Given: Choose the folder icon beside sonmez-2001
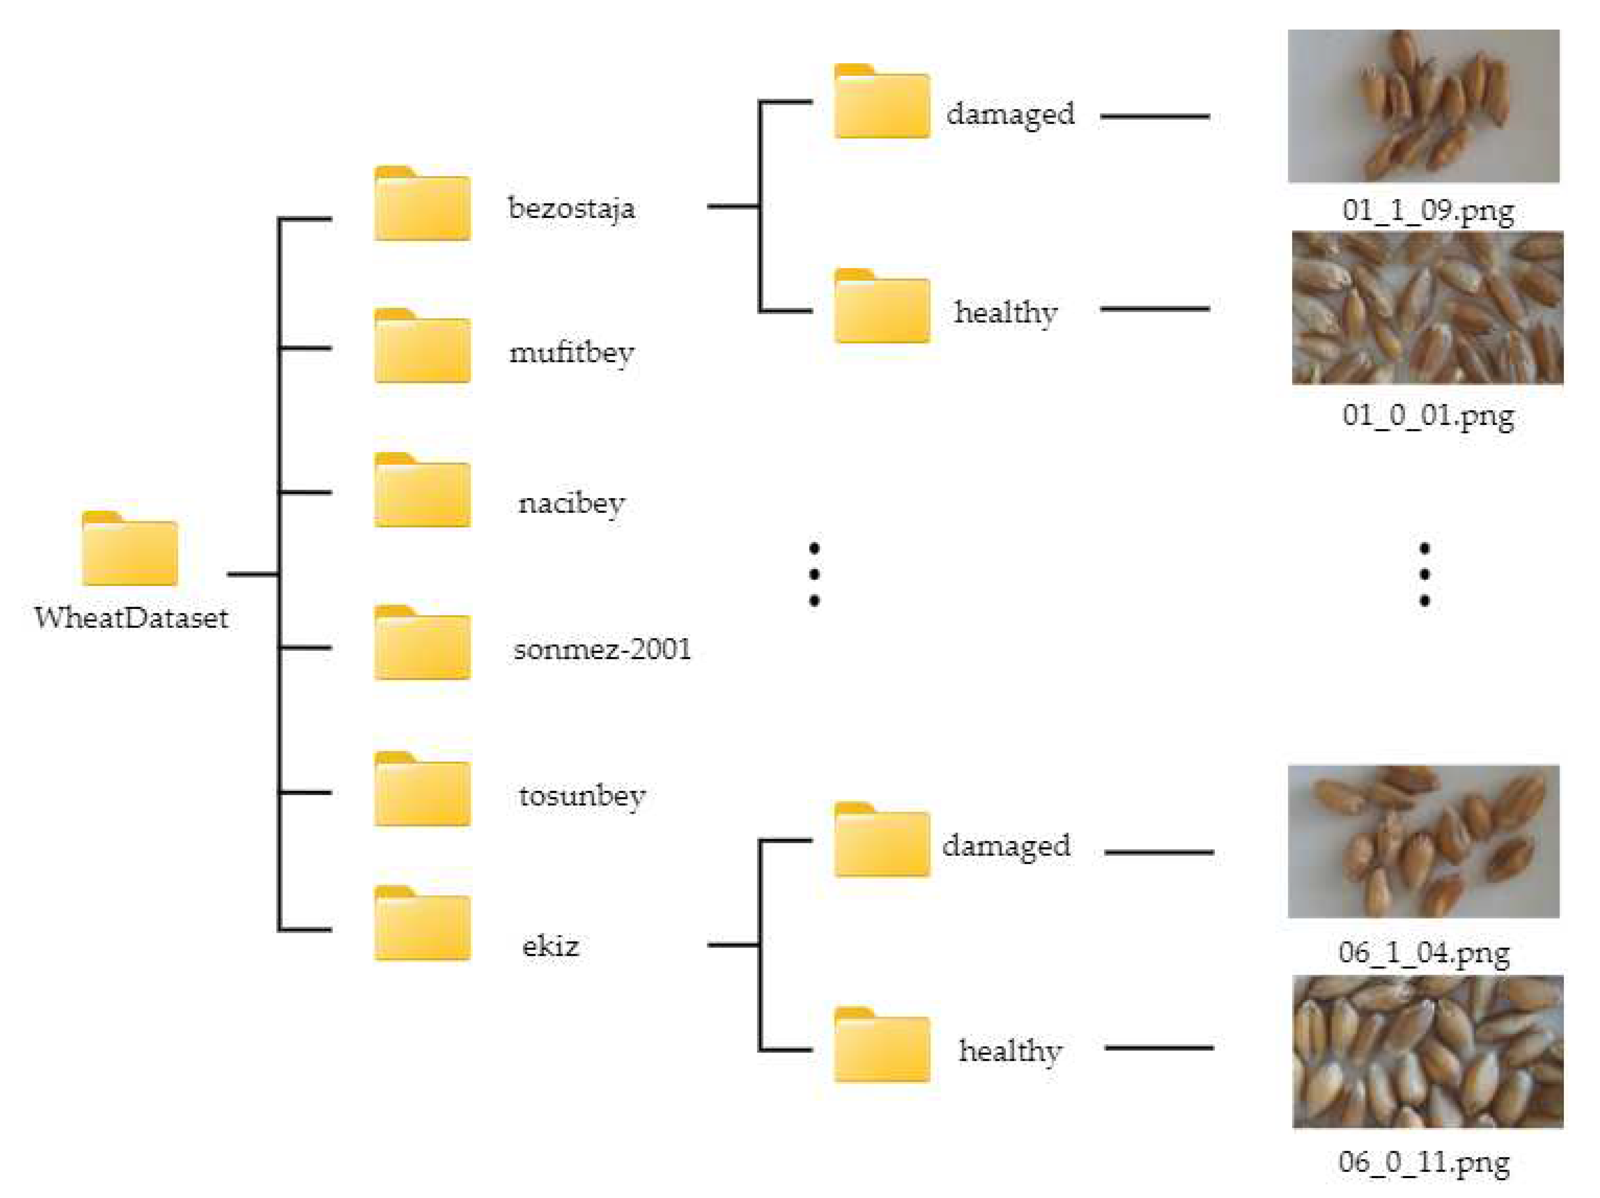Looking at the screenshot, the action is [x=423, y=643].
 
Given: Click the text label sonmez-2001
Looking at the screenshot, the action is [x=602, y=649].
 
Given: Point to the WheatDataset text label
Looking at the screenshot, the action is [x=131, y=618].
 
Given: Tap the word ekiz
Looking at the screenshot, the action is [x=551, y=946].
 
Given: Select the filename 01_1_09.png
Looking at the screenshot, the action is [x=1428, y=210].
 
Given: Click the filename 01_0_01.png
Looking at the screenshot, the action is [x=1428, y=415].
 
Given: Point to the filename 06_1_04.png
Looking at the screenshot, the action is [x=1424, y=952].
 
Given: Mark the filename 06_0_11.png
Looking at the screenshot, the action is [x=1424, y=1162].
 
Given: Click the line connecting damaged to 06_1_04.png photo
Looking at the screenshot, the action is [x=1159, y=852].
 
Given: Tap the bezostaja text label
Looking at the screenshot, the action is [x=571, y=208].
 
